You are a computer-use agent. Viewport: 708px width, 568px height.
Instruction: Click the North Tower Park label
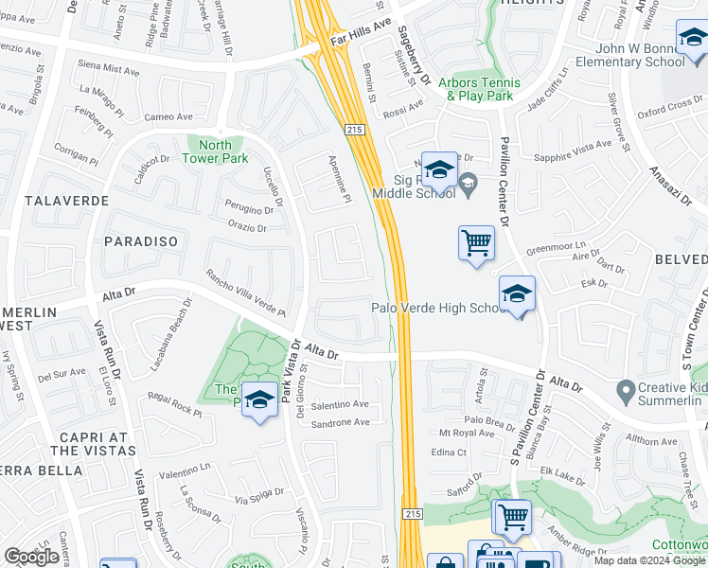pyautogui.click(x=216, y=151)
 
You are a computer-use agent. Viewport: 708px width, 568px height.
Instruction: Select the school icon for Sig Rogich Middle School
pyautogui.click(x=438, y=170)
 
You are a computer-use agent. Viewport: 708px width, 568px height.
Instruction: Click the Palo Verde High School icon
pyautogui.click(x=517, y=295)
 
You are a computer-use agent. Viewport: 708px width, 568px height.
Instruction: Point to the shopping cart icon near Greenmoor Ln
pyautogui.click(x=476, y=243)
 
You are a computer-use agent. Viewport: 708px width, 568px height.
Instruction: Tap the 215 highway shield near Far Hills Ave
pyautogui.click(x=355, y=129)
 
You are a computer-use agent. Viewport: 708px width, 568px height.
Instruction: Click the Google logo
pyautogui.click(x=31, y=557)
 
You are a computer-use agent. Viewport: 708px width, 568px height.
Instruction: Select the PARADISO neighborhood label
pyautogui.click(x=140, y=241)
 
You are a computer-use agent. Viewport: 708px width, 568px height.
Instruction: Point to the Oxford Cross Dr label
pyautogui.click(x=669, y=109)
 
